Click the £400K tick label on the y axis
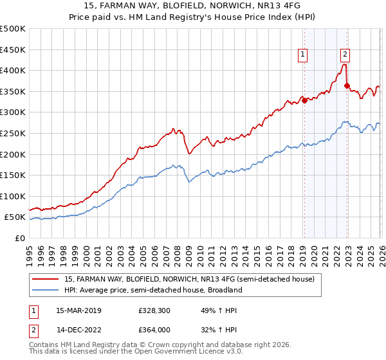point(13,70)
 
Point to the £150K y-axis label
point(13,175)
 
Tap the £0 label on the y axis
point(20,238)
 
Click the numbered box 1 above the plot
point(302,55)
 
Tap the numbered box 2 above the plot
point(345,55)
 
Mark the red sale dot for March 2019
point(304,100)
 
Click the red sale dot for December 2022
point(347,85)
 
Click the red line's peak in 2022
point(345,64)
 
